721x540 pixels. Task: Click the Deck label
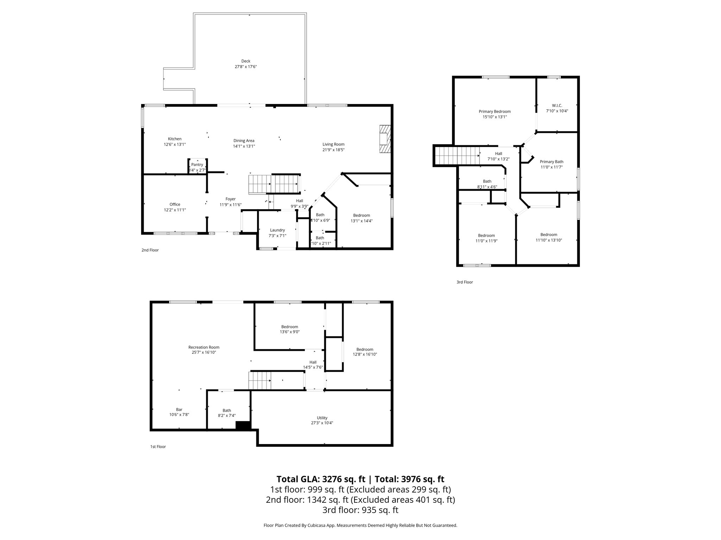(246, 61)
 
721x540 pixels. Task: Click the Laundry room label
(277, 230)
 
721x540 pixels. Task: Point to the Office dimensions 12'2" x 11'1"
(175, 210)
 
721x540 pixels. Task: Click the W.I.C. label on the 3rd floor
(557, 105)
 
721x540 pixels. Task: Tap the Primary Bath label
(552, 162)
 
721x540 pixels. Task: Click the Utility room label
(322, 418)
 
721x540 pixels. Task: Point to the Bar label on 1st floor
(179, 410)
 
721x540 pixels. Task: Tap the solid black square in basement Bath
(243, 425)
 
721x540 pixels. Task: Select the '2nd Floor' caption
(150, 250)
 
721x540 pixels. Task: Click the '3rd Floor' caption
(465, 282)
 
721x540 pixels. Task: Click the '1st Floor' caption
(158, 447)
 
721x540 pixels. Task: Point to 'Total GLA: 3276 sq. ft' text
(321, 479)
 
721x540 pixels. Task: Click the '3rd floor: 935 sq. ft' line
(360, 510)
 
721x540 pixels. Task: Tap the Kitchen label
(175, 139)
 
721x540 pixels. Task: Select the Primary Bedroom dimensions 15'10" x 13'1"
(495, 117)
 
